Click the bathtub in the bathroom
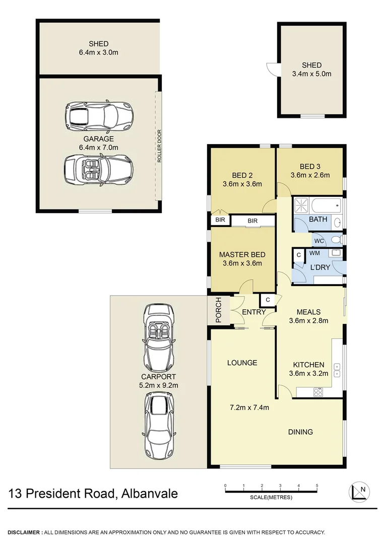click(x=325, y=206)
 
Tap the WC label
click(x=319, y=240)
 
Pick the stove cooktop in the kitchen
click(x=318, y=391)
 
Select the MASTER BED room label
click(x=242, y=254)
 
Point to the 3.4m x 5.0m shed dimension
click(x=311, y=74)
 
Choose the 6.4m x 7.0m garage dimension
click(x=99, y=148)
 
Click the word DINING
click(x=300, y=432)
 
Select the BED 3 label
click(x=310, y=167)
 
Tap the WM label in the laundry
click(x=314, y=253)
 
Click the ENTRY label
click(x=253, y=312)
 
